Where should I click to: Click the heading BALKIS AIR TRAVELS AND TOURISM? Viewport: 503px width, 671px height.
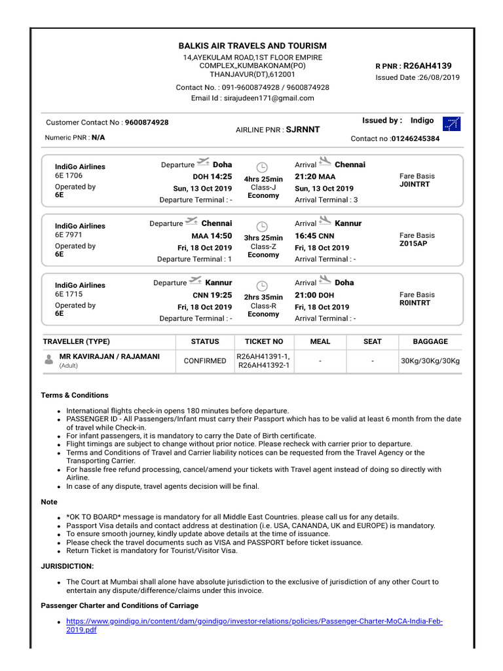252,46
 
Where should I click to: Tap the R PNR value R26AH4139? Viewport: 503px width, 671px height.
427,66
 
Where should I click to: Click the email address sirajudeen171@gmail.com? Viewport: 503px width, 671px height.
270,98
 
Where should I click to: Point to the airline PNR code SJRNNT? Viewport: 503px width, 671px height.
303,130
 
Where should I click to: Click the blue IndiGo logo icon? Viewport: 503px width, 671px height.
451,124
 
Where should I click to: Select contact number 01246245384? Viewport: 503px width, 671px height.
415,139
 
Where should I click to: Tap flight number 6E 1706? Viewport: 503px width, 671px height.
69,176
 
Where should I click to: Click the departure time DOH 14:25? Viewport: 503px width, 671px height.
212,177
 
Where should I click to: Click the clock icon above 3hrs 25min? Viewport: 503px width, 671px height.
263,226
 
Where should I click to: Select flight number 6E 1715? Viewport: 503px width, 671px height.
69,294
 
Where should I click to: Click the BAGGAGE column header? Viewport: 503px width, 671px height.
430,341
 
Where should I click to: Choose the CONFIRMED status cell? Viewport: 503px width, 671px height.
205,360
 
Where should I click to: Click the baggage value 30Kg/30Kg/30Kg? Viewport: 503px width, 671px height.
430,360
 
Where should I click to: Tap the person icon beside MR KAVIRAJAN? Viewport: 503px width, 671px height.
49,360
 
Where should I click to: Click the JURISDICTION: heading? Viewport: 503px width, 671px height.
67,566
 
